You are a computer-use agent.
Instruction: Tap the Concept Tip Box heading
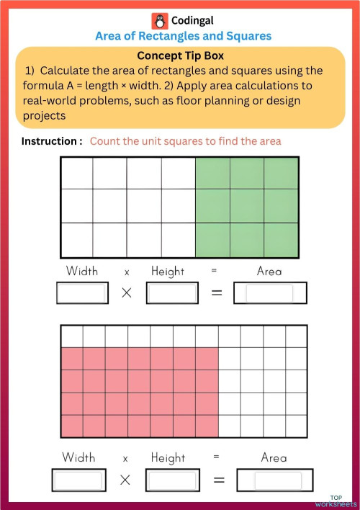pos(179,55)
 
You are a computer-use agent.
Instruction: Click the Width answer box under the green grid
pos(81,293)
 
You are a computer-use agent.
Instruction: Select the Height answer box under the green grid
pos(172,293)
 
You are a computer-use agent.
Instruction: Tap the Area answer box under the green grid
pos(270,293)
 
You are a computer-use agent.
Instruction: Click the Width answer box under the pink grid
pos(78,480)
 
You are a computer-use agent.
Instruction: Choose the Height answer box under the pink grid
pos(171,480)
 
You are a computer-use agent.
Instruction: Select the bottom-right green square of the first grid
pos(282,239)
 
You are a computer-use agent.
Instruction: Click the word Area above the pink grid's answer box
pos(274,458)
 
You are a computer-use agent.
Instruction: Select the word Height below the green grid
pos(168,272)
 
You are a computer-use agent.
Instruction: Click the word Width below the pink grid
pos(78,458)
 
